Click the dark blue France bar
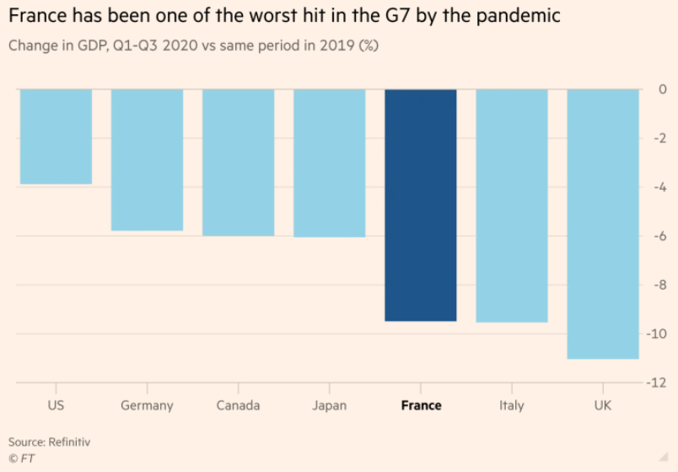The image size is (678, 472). [x=420, y=205]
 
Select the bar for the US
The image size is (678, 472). [x=56, y=137]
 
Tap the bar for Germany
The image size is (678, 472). [x=147, y=160]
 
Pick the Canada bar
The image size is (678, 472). [x=238, y=162]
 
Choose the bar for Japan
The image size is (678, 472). [x=329, y=163]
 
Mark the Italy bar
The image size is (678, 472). [x=512, y=205]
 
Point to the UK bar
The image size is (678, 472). [x=603, y=224]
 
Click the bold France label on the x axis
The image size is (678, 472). [x=421, y=405]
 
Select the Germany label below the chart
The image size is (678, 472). [x=147, y=405]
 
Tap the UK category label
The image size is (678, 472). [x=603, y=405]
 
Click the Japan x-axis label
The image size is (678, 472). [x=329, y=405]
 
